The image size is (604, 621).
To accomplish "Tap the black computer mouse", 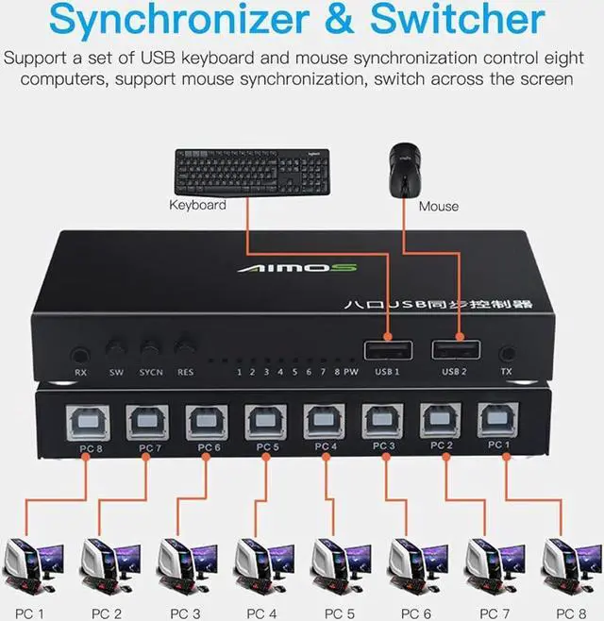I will coord(403,168).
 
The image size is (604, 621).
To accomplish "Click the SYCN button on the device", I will coord(150,348).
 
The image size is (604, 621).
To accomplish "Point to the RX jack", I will coord(80,356).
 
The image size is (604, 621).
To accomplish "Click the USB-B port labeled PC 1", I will coord(495,418).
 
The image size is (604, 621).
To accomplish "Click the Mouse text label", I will coord(439,206).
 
